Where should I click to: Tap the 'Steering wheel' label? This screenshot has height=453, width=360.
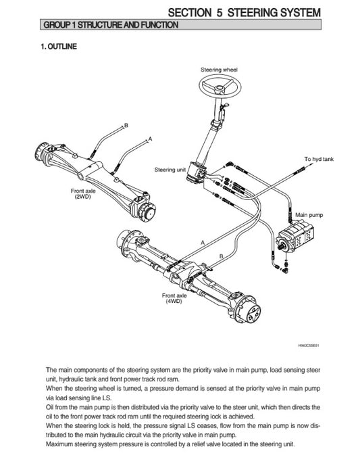coord(219,70)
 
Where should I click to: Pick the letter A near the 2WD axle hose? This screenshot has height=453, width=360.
coord(149,138)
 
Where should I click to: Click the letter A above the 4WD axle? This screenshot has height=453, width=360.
coord(203,242)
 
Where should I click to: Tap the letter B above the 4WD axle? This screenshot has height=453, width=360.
coord(222,255)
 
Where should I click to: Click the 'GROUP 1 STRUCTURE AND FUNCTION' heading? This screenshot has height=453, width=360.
coord(111,25)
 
